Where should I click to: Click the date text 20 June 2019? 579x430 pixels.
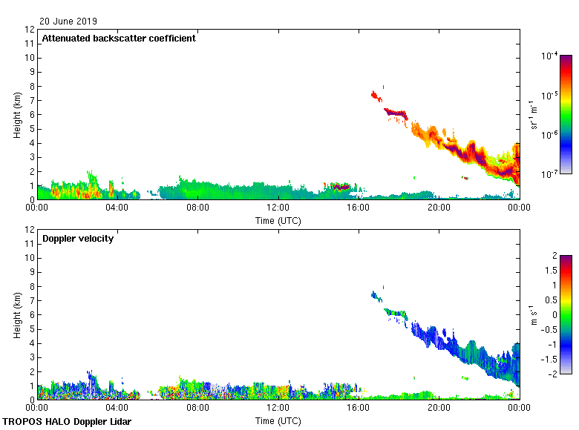[x=68, y=21]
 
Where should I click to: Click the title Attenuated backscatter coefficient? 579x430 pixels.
[x=119, y=39]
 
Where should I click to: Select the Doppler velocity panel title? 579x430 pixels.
[x=78, y=239]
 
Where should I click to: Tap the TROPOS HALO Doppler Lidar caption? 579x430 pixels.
[x=61, y=422]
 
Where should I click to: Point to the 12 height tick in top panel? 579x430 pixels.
[x=30, y=30]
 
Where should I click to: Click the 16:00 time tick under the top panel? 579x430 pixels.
[x=358, y=208]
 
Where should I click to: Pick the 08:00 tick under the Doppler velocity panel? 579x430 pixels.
[x=197, y=408]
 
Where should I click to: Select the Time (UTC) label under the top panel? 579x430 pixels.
[x=278, y=220]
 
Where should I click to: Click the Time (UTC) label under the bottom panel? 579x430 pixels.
[x=278, y=420]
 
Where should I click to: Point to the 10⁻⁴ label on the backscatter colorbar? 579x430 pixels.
[x=550, y=56]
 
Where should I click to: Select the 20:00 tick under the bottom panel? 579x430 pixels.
[x=438, y=408]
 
